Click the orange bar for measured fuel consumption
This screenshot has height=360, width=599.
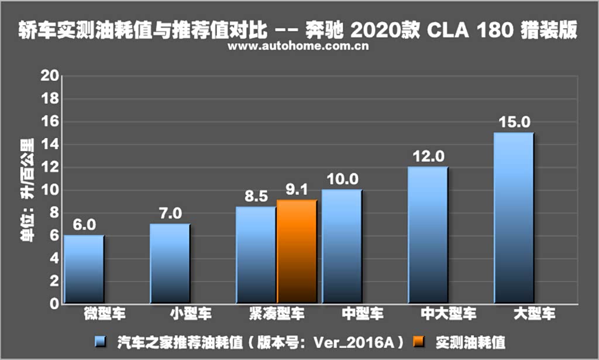297,252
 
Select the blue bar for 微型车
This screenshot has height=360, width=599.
84,269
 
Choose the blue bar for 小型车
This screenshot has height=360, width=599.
170,263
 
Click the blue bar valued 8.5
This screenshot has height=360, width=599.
256,255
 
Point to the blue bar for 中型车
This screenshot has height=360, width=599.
342,246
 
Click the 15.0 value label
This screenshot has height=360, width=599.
514,122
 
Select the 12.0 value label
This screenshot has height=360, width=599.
429,156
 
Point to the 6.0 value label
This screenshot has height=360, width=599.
84,225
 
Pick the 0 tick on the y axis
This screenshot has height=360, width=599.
54,304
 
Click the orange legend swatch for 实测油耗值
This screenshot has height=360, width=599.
419,340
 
